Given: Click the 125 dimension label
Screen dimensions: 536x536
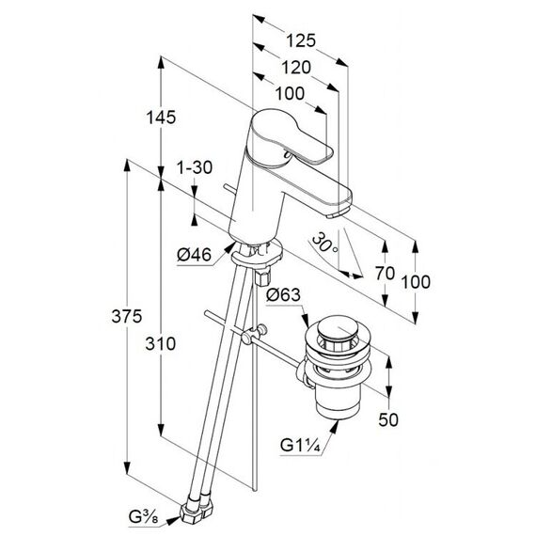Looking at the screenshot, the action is click(301, 40).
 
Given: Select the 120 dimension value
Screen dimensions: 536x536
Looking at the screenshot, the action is click(295, 68).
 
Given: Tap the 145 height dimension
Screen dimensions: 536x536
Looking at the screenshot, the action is click(161, 118).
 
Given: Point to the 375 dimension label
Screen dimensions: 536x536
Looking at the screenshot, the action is click(127, 316).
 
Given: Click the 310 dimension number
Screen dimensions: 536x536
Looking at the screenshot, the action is click(160, 343).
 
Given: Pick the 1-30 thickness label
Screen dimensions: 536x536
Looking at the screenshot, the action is click(194, 167).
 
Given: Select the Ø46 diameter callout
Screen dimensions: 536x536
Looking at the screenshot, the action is click(194, 255).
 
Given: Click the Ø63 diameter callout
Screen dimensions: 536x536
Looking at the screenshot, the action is click(283, 294).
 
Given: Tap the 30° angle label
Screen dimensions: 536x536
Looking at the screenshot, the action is click(324, 243).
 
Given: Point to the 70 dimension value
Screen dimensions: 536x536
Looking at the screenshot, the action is click(385, 273).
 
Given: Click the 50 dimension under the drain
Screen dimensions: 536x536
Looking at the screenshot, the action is click(388, 419).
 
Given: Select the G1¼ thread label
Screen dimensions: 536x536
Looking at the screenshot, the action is click(300, 445).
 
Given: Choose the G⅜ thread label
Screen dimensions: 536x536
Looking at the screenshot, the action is click(144, 517).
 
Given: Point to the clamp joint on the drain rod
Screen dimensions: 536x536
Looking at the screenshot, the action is click(254, 334).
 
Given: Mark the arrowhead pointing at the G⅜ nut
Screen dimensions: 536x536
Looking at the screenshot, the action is click(173, 521).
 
